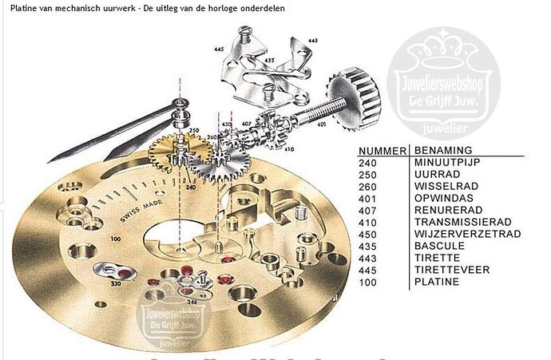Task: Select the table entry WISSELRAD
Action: click(x=438, y=187)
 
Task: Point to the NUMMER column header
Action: click(x=382, y=150)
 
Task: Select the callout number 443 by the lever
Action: click(x=312, y=40)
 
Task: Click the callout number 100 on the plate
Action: click(x=117, y=238)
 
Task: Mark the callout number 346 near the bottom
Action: click(x=192, y=302)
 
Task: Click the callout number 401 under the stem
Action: click(x=321, y=125)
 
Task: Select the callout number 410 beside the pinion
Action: click(x=288, y=149)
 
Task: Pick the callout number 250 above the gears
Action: click(x=193, y=129)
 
